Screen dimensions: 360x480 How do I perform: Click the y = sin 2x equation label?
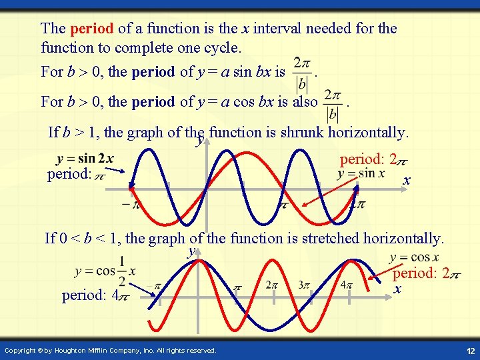[x=85, y=159]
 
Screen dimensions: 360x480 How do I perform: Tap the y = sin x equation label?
[x=361, y=173]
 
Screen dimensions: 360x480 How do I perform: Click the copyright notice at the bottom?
[x=110, y=351]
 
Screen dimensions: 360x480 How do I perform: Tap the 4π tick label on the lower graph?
[x=346, y=285]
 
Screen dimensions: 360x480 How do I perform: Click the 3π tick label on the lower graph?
[x=304, y=285]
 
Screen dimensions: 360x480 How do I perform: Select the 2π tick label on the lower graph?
[x=271, y=285]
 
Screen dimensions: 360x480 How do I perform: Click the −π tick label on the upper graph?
[x=131, y=205]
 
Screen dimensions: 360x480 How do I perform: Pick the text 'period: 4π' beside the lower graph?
[x=90, y=295]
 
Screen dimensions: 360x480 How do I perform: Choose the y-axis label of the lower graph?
[x=192, y=251]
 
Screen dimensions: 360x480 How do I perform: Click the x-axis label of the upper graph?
[x=407, y=181]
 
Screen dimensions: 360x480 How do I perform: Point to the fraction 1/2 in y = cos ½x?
[x=122, y=271]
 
